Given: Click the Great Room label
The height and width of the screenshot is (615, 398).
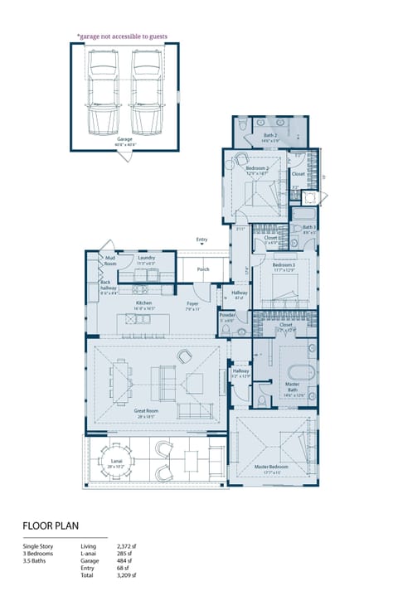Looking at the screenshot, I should click(x=146, y=409).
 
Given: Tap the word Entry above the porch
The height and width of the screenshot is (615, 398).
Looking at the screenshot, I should click(x=201, y=240).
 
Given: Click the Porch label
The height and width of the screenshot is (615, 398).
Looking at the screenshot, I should click(x=203, y=269).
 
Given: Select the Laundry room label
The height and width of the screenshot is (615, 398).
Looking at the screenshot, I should click(x=148, y=258).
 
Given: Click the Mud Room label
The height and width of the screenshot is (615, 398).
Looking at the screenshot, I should click(x=109, y=260).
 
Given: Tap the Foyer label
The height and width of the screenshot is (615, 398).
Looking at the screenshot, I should click(x=192, y=303).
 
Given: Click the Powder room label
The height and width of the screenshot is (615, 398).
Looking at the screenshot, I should click(x=227, y=316).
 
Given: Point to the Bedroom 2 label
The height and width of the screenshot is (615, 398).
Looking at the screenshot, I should click(x=257, y=169).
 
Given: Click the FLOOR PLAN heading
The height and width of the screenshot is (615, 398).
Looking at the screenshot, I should click(x=53, y=525).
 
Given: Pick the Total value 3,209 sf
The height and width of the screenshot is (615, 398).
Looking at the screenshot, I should click(x=126, y=574).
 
